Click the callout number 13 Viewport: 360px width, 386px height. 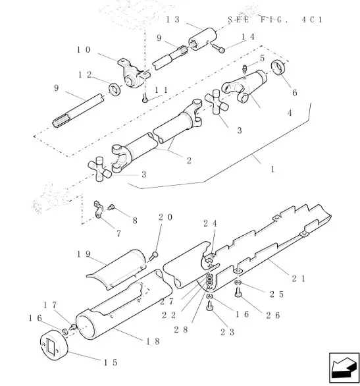173,20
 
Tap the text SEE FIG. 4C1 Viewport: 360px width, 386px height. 275,20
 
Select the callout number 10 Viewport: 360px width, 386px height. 84,50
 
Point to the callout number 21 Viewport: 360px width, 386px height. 299,279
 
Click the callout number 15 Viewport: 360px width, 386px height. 111,362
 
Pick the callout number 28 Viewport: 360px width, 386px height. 181,329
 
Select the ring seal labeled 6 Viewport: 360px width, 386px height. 278,67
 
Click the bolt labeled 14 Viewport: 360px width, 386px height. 218,48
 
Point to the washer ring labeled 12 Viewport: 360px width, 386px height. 115,90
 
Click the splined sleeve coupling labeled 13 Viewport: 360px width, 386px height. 203,39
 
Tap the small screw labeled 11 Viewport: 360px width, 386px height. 145,98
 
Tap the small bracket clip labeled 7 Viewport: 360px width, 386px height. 98,209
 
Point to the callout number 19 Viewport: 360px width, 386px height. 84,254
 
